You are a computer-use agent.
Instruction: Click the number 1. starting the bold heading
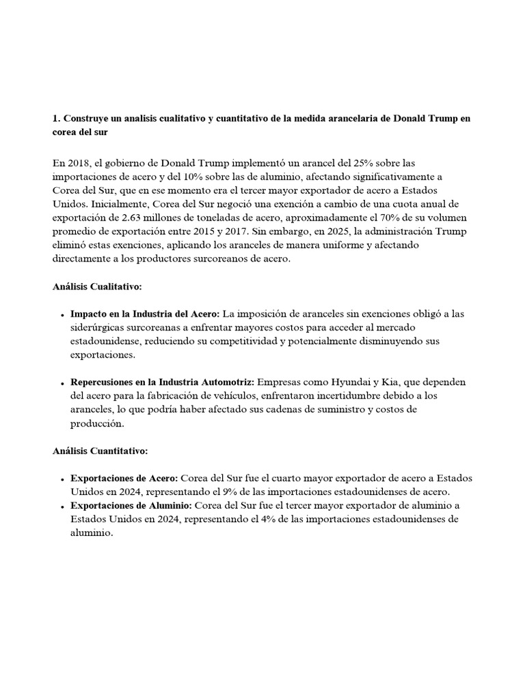click(56, 119)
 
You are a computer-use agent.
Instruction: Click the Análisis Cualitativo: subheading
click(96, 287)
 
